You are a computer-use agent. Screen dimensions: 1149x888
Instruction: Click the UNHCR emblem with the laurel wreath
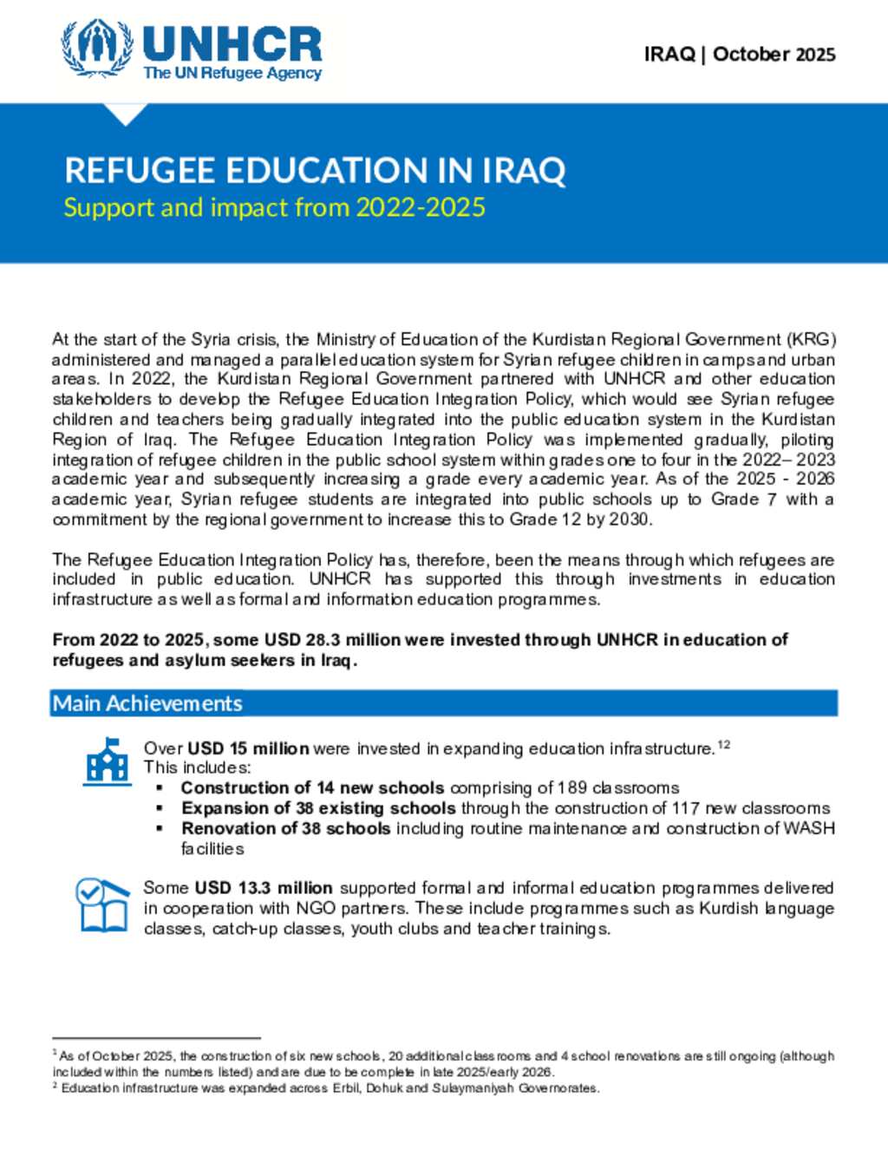coord(97,49)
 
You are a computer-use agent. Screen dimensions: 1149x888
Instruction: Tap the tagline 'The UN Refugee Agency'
coord(232,74)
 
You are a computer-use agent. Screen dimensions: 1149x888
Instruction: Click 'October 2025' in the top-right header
coord(774,55)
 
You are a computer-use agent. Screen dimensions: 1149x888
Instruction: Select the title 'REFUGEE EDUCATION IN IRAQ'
coord(315,170)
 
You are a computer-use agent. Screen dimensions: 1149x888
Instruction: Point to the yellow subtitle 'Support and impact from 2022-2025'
coord(274,208)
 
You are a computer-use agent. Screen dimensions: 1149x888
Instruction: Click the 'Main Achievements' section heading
coord(147,703)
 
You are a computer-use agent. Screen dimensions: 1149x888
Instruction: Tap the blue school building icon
coord(108,761)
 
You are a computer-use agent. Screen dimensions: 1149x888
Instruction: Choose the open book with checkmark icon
coord(101,905)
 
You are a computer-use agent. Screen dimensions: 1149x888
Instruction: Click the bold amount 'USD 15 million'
coord(248,748)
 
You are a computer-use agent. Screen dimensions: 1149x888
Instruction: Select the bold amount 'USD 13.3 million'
coord(264,888)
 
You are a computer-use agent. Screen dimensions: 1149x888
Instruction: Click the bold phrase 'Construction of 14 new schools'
coord(312,788)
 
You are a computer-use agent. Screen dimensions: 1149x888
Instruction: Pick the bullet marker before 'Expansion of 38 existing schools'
coord(160,808)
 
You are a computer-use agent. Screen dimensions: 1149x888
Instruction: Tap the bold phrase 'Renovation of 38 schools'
coord(285,828)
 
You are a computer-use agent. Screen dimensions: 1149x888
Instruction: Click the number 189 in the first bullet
coord(572,788)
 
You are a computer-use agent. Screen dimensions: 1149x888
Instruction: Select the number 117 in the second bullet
coord(688,808)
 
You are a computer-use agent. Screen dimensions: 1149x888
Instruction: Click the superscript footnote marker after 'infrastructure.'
coord(724,744)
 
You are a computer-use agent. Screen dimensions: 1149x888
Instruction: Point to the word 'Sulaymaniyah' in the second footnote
coord(474,1088)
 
